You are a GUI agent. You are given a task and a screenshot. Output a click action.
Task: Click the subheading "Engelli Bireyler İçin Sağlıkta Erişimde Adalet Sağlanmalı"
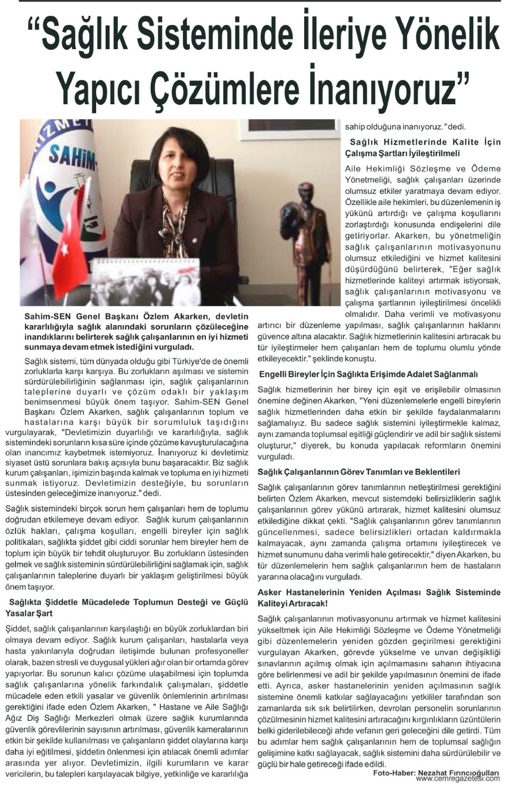tap(368, 374)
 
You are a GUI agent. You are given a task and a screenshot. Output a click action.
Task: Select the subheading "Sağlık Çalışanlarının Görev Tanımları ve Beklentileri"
tap(359, 472)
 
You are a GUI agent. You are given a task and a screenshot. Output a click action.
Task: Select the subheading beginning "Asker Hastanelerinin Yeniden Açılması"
tap(379, 597)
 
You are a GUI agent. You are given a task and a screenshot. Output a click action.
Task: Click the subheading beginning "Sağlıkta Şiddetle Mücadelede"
tap(127, 607)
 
